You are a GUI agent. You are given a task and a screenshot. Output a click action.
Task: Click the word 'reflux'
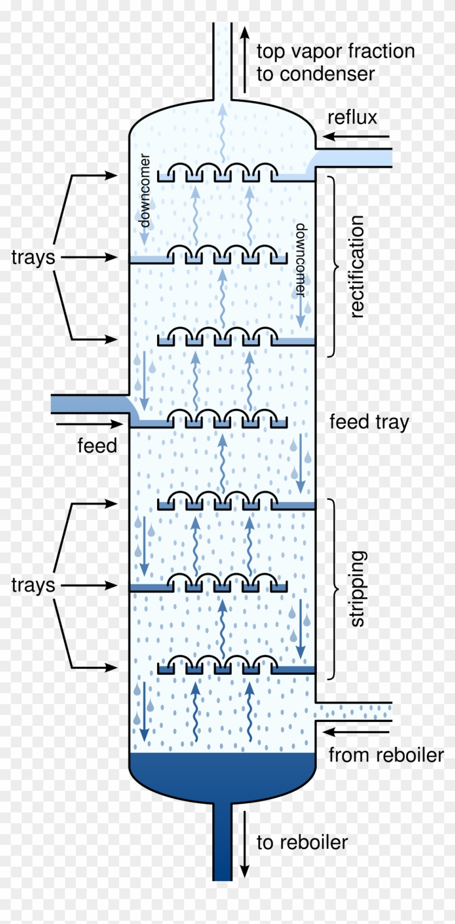(352, 117)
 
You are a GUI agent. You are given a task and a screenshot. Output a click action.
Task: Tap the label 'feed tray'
(369, 422)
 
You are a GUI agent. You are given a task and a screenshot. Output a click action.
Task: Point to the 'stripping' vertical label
(357, 589)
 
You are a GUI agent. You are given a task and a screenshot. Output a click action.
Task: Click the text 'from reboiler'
(386, 754)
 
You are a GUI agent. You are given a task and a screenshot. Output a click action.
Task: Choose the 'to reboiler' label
(302, 842)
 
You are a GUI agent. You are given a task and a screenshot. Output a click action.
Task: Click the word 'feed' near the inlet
(97, 446)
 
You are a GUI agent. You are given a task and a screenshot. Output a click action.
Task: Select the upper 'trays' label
(33, 257)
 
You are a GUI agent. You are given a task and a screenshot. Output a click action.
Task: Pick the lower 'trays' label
(33, 585)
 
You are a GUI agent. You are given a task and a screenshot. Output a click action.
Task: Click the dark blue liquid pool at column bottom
(222, 775)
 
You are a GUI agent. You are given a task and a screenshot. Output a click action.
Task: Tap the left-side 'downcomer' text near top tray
(144, 190)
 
